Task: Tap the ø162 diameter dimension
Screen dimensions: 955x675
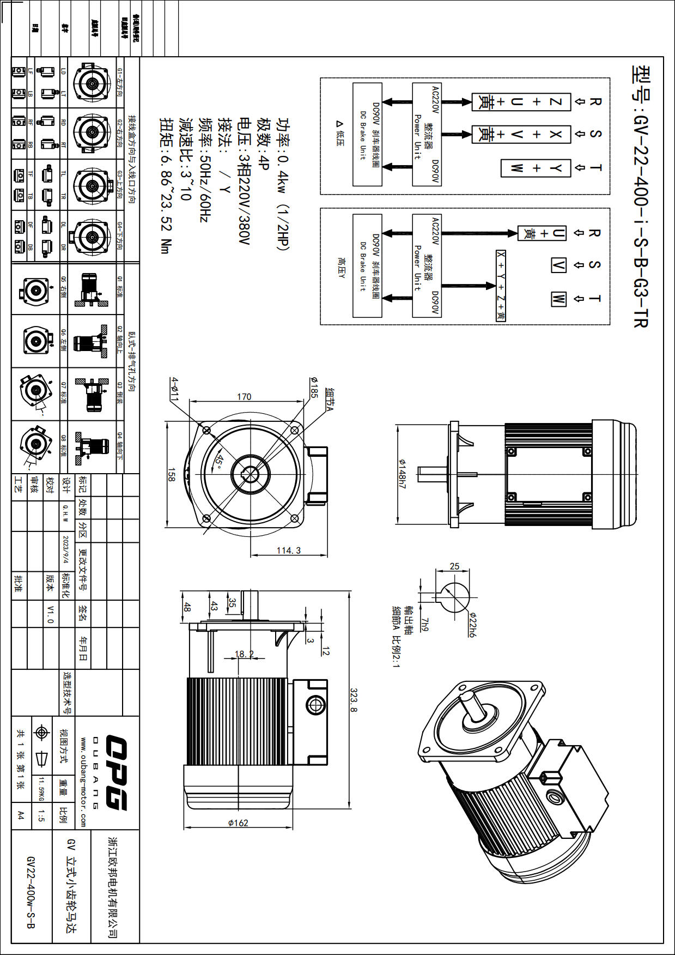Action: [x=238, y=823]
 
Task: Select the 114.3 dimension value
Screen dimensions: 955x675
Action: [x=289, y=551]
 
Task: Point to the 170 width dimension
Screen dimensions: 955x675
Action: [x=244, y=396]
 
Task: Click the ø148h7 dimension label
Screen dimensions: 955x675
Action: [x=402, y=473]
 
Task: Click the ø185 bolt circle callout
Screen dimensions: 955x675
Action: [x=314, y=386]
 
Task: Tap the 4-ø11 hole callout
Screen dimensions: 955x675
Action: [x=174, y=389]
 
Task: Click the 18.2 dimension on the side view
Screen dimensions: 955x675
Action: [x=244, y=654]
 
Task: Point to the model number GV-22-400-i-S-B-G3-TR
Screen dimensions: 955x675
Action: [x=641, y=196]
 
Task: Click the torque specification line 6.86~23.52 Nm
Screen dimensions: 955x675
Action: [x=166, y=185]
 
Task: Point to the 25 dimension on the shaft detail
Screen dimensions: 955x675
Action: [x=454, y=566]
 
